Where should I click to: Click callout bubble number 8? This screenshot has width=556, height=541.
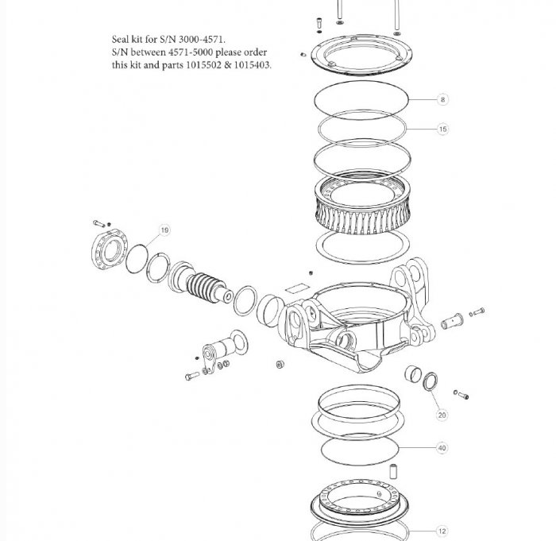442,99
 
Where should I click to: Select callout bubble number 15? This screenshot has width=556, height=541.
442,128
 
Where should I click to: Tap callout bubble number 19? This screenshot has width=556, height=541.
164,230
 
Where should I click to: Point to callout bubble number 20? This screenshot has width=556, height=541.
442,414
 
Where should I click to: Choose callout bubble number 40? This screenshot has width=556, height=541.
442,448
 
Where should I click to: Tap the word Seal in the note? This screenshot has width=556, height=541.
122,38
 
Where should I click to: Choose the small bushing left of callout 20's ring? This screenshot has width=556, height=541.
412,373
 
